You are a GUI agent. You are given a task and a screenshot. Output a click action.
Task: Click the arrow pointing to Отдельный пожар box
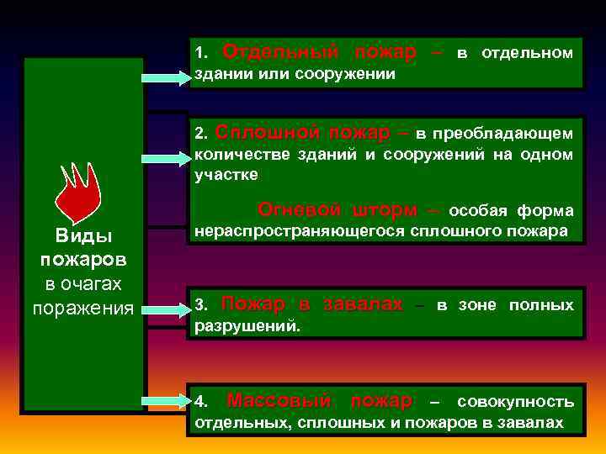click(x=167, y=78)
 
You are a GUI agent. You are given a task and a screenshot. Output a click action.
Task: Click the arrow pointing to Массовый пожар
click(x=167, y=402)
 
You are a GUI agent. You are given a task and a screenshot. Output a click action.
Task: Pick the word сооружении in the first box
click(x=353, y=74)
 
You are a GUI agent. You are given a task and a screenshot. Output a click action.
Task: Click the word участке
click(x=226, y=175)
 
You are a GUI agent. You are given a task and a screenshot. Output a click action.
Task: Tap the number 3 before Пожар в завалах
click(x=199, y=305)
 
